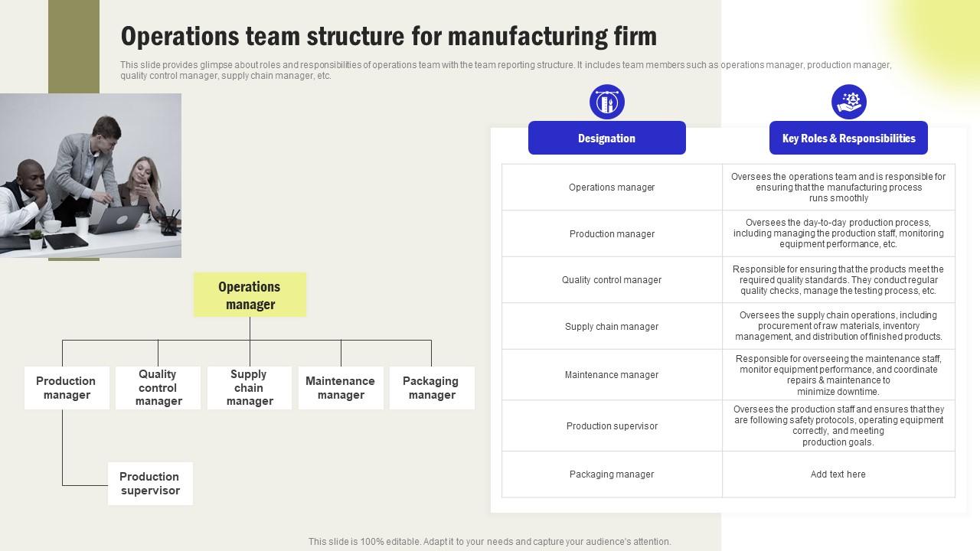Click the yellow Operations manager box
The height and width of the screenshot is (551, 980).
[x=250, y=295]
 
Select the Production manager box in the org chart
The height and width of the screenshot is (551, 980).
[x=67, y=388]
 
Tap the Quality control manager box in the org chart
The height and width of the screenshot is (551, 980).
[x=158, y=388]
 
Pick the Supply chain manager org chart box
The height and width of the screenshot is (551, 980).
[x=249, y=388]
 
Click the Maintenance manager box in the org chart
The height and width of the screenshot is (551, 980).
[x=341, y=388]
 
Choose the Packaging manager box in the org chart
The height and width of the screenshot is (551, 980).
[x=431, y=388]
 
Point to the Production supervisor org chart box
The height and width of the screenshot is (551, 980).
[x=150, y=484]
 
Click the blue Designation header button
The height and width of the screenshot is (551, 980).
[x=606, y=139]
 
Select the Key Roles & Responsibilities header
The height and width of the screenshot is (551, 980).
[x=848, y=139]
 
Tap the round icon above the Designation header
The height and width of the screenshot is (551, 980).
[x=607, y=102]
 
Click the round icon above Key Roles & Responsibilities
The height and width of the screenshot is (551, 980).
[x=849, y=102]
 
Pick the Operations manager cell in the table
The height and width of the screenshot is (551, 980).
[x=612, y=187]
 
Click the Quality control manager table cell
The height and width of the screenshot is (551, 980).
[x=612, y=280]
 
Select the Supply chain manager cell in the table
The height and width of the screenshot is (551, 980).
[x=612, y=327]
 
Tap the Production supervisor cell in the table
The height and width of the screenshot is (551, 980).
[x=612, y=426]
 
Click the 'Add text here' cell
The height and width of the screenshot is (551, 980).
[x=838, y=474]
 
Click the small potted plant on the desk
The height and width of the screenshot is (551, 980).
[x=36, y=240]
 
